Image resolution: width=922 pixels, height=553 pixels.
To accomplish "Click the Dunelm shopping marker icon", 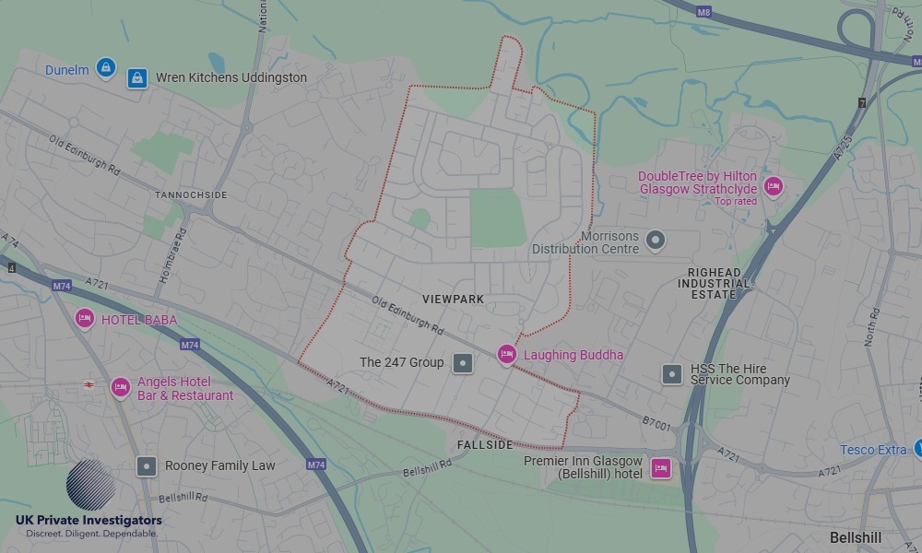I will click(106, 67).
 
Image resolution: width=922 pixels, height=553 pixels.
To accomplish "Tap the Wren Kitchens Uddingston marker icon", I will click(137, 78).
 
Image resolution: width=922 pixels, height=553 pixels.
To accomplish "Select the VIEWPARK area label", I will click(453, 300).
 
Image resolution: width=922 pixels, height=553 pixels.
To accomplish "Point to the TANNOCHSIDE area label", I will click(191, 195).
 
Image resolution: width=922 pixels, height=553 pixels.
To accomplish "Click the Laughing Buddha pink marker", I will click(506, 354).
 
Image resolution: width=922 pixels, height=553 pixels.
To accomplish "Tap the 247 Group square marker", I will click(463, 363).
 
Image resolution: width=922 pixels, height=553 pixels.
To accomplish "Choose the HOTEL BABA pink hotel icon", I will click(85, 318).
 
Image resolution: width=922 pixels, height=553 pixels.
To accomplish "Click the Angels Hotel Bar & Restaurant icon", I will click(120, 387).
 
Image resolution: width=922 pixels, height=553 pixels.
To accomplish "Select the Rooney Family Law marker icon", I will click(147, 465).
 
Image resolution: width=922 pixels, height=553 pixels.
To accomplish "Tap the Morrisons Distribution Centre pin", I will click(656, 241).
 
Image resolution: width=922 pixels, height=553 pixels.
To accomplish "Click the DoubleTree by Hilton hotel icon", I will click(773, 186).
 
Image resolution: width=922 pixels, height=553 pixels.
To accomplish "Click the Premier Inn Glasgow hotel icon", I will click(660, 467).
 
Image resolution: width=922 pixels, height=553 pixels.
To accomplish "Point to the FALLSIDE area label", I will click(484, 445).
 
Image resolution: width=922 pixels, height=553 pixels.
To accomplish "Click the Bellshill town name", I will click(856, 537).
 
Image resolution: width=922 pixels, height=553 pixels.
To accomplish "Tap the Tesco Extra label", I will click(873, 450).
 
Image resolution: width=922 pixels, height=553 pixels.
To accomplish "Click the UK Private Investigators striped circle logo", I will click(90, 485).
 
